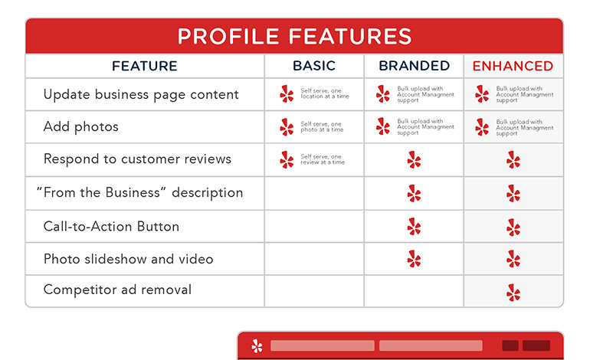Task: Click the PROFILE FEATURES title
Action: [294, 36]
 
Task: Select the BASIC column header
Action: [313, 66]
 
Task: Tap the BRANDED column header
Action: [414, 66]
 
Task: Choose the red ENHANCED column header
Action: [513, 66]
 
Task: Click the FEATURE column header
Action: [144, 66]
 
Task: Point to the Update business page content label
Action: [141, 94]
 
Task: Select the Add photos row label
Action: [80, 127]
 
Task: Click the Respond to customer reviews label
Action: [137, 159]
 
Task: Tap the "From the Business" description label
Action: [139, 192]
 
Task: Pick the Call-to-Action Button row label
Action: [111, 226]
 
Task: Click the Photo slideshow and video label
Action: [128, 259]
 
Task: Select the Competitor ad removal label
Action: [117, 290]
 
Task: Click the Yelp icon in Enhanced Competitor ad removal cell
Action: [513, 292]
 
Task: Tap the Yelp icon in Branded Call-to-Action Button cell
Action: [414, 226]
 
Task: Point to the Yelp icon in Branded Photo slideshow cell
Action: [414, 259]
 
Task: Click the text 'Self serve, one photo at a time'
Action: [322, 127]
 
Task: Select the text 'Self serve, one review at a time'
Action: [322, 159]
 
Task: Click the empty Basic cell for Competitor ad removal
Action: [313, 291]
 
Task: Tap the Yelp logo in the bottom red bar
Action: [256, 346]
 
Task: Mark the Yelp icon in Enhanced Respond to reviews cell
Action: [513, 159]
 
